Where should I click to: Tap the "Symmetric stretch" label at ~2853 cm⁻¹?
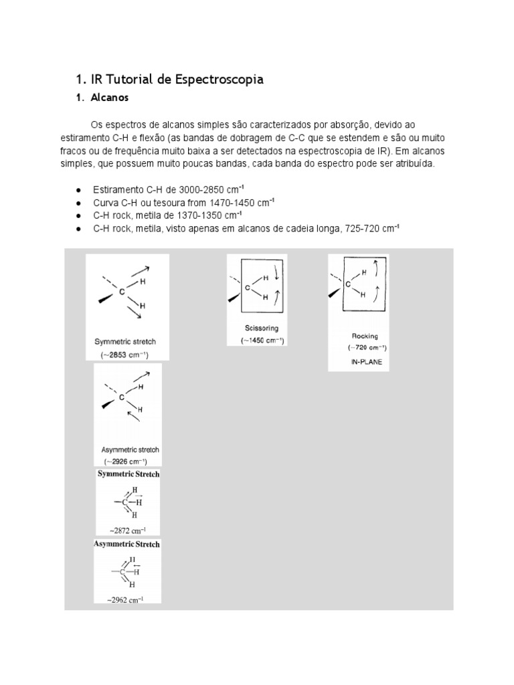tap(125, 342)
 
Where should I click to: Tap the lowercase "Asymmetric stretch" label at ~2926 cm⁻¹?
tap(129, 450)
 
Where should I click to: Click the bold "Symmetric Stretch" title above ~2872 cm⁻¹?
tap(129, 474)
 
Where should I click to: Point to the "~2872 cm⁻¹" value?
tap(128, 530)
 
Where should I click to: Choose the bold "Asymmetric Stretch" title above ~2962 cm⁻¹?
tap(127, 545)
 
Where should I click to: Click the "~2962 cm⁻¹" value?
tap(127, 600)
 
